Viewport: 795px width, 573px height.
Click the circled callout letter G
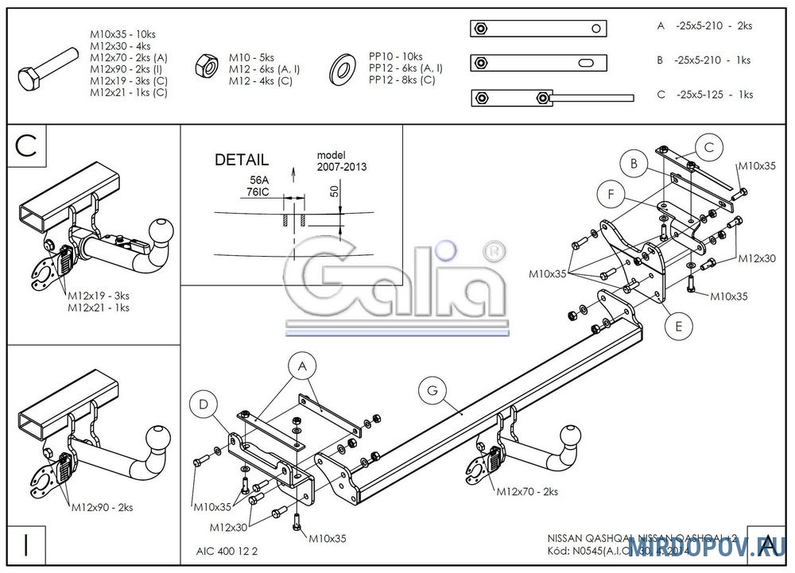(432, 389)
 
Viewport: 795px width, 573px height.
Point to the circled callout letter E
(677, 324)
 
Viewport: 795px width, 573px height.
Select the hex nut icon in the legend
(207, 64)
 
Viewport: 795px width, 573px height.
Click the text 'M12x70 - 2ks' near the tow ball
(527, 492)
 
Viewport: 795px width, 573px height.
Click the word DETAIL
(242, 160)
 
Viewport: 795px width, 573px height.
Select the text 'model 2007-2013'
(341, 161)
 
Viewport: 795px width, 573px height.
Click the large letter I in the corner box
(27, 545)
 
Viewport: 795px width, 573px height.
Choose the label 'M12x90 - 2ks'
(102, 506)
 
